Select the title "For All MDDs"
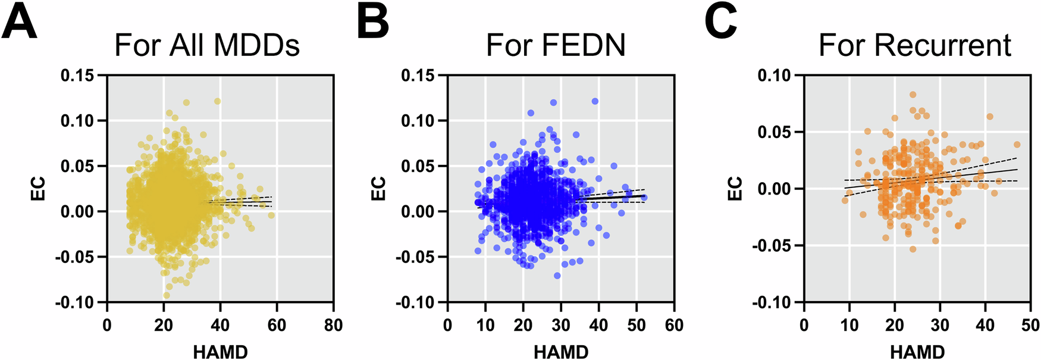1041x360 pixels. coord(206,45)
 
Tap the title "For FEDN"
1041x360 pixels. coord(556,45)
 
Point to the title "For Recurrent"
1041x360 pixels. coord(914,45)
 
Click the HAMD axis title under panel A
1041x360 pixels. coord(220,352)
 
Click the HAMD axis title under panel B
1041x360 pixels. coord(561,352)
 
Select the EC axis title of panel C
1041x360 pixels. coord(736,189)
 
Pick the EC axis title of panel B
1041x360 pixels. coord(379,189)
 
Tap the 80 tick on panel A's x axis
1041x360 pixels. coord(333,325)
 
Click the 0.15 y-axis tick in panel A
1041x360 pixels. coord(77,76)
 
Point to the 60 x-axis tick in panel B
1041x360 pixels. coord(674,325)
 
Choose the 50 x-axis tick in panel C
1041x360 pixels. coord(1030,325)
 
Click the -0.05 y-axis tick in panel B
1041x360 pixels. coord(416,257)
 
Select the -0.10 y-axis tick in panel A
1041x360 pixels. coord(75,303)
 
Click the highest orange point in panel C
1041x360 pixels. coord(913,95)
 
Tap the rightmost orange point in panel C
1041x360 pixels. coord(1017,145)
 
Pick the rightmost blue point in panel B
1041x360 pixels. coord(644,198)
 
